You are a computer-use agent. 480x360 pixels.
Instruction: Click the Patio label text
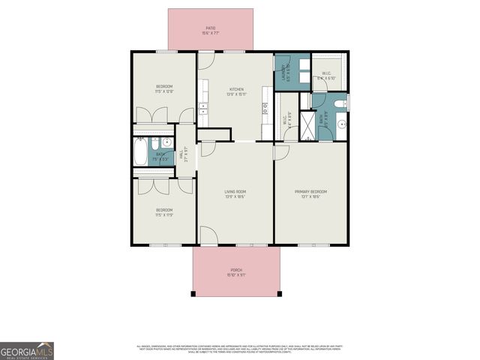tap(210, 31)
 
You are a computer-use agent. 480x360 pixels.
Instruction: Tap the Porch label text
tap(235, 272)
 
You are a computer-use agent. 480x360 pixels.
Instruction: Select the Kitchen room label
tap(236, 93)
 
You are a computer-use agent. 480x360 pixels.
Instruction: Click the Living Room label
tap(235, 193)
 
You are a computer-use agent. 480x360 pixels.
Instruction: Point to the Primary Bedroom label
tap(310, 193)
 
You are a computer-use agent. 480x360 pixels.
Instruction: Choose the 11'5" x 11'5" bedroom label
tap(164, 211)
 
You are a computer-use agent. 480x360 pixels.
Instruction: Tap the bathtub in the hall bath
tap(141, 154)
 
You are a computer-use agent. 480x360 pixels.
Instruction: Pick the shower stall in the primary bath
tap(307, 121)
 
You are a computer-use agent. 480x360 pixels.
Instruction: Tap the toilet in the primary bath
tap(338, 103)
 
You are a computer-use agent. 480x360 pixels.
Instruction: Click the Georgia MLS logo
tap(26, 350)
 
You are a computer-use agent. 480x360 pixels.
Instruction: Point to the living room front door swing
tap(209, 237)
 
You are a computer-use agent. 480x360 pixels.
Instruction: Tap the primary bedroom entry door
tap(281, 151)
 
